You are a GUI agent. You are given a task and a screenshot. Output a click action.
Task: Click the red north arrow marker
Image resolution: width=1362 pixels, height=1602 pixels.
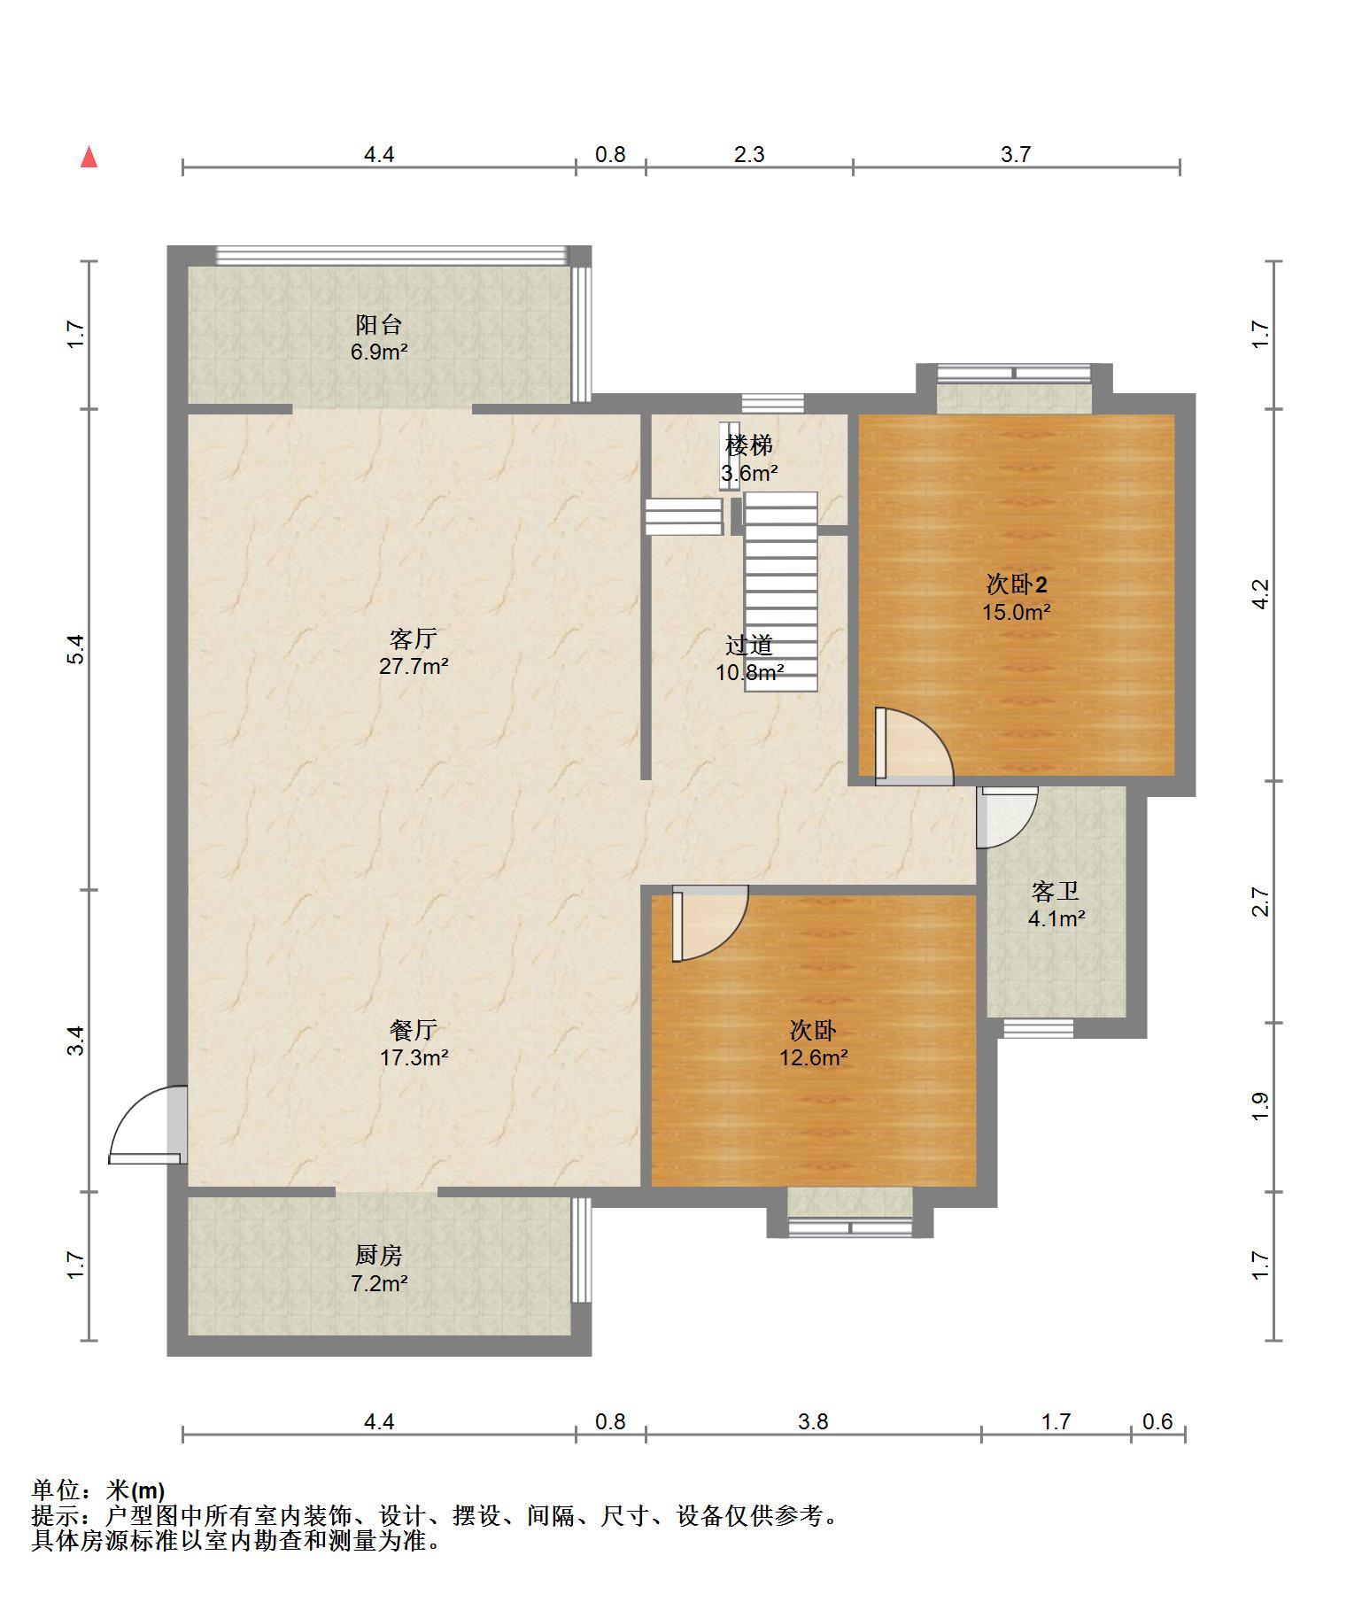point(89,158)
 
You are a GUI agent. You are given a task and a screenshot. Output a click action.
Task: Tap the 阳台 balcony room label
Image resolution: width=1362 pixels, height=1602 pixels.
point(379,324)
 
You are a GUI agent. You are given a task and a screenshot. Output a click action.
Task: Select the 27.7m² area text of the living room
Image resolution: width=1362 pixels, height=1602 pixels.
point(414,666)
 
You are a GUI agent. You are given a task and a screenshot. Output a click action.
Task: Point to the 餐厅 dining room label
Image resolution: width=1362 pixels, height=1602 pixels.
point(414,1030)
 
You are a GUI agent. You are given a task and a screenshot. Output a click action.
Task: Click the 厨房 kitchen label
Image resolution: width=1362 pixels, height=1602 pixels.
point(379,1255)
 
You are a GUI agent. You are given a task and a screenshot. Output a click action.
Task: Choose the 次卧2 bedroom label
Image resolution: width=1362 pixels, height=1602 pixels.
point(1017,584)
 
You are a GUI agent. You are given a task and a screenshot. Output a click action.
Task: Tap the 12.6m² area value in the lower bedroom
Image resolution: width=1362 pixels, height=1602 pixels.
point(814,1057)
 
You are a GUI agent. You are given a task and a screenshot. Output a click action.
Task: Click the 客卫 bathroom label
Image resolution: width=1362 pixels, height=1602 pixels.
point(1056,891)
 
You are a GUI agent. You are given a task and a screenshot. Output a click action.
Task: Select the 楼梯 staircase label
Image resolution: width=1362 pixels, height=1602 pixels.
point(749,445)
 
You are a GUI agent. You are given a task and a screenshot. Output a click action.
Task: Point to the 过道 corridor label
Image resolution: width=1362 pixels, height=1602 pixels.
point(749,645)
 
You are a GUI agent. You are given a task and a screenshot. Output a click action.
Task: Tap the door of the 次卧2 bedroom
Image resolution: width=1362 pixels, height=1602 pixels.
point(914,746)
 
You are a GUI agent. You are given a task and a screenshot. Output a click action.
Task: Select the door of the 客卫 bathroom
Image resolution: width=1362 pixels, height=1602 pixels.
point(1006,816)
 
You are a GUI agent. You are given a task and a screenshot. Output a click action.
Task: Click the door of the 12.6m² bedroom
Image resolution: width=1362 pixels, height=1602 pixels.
point(709,924)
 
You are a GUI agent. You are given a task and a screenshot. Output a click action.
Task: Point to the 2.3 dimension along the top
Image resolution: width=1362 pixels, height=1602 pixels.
point(749,154)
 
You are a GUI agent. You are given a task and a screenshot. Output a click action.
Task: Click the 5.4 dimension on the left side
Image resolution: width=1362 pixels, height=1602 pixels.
point(77,649)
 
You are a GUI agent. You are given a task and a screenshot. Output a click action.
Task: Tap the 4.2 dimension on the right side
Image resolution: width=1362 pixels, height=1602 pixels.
point(1261,593)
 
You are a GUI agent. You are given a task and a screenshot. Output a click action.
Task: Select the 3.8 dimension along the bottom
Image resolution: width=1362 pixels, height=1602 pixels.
point(813,1421)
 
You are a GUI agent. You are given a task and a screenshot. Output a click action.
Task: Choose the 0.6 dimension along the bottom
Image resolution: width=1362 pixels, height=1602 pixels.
point(1157,1421)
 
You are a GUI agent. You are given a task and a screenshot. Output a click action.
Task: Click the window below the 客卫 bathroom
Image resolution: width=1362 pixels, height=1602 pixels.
point(1038,1028)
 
